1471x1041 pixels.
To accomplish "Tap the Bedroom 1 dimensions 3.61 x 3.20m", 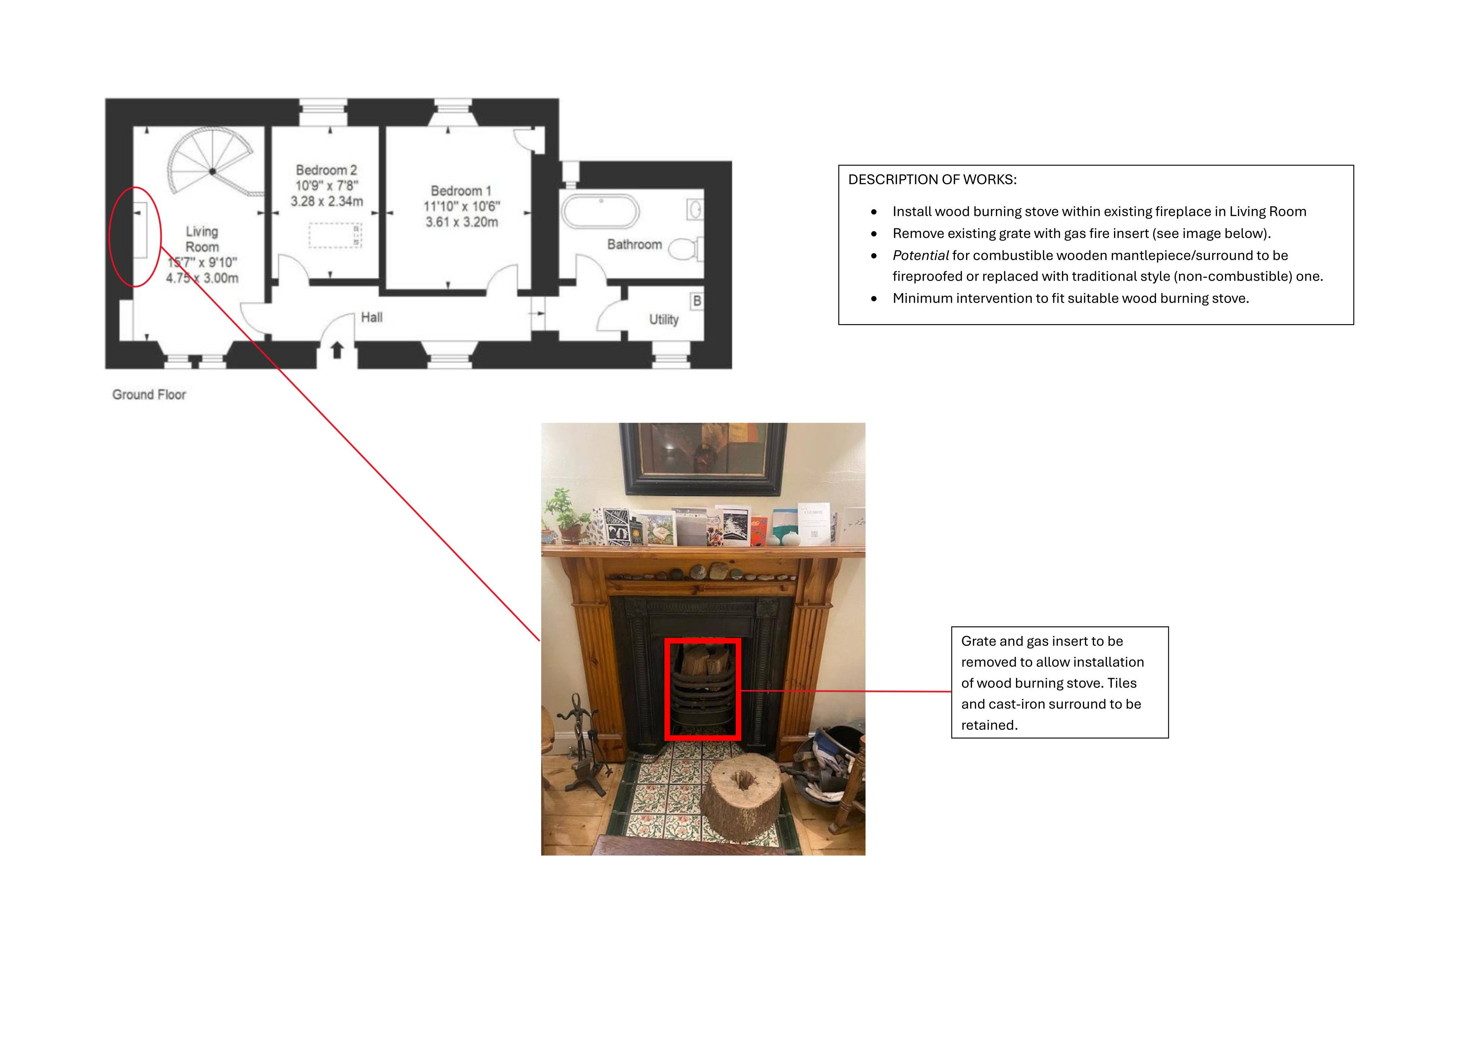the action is pos(461,222).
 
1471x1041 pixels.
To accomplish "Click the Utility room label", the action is pos(664,319).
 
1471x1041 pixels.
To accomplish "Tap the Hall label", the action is pos(372,317).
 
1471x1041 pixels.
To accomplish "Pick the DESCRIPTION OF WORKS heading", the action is pos(932,179).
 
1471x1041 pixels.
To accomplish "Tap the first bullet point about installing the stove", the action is pos(1099,212).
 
